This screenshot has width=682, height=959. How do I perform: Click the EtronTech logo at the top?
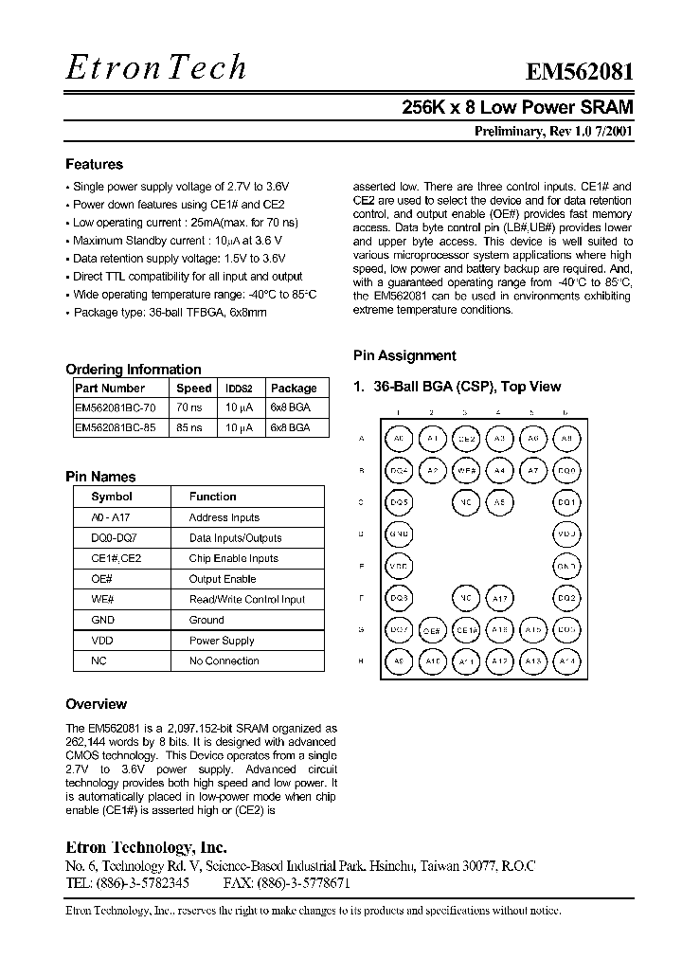156,66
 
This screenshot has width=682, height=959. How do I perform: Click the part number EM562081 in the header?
580,74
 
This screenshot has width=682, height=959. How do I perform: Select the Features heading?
94,164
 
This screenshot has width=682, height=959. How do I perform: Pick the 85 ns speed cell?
189,427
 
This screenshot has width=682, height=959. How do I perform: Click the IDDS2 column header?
239,389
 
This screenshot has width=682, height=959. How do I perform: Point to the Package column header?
294,389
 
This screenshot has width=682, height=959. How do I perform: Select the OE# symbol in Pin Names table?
102,579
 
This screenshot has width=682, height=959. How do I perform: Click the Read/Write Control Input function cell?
247,599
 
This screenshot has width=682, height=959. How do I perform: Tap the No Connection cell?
224,660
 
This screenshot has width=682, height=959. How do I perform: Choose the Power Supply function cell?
222,641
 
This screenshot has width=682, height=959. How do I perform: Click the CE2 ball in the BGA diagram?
466,439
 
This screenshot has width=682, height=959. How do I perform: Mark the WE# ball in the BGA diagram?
466,470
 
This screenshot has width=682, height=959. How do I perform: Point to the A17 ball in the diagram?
499,598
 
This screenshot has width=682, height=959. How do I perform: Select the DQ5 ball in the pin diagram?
399,502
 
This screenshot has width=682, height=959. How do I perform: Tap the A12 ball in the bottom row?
499,661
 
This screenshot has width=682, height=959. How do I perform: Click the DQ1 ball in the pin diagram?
566,502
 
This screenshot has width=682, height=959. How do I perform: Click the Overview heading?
96,704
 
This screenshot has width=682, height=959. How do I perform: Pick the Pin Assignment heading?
404,356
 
